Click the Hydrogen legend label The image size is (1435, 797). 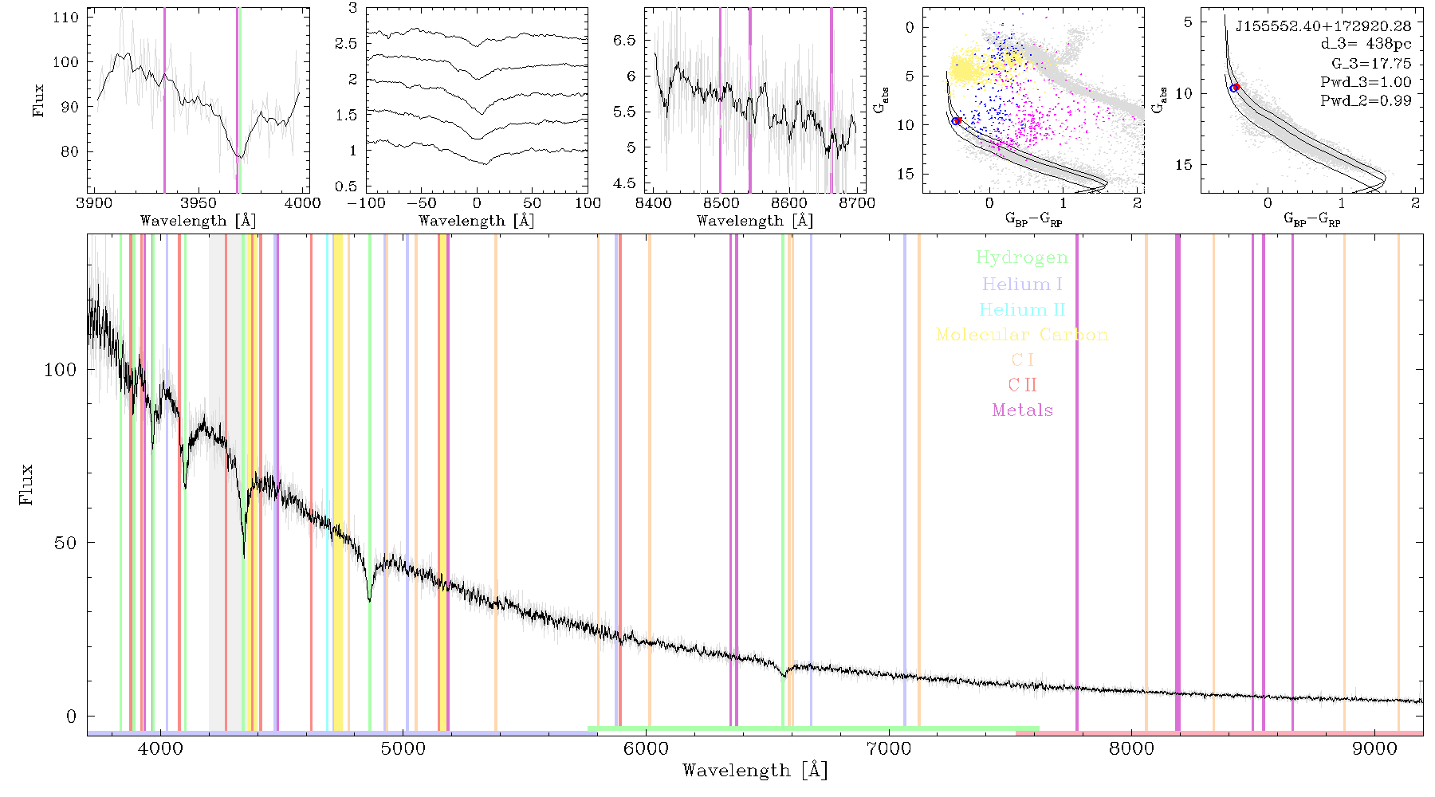pos(1022,257)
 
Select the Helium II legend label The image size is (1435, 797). pos(1022,309)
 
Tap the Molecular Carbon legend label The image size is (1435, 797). pos(1022,335)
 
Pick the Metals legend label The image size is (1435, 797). pos(1022,410)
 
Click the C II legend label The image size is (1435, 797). pos(1022,385)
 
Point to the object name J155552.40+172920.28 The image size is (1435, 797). pos(1323,26)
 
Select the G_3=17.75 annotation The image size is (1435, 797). pos(1371,63)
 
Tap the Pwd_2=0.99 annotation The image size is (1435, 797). pos(1366,100)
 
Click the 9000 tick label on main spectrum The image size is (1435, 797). pos(1374,748)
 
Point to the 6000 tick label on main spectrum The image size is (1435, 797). pos(646,748)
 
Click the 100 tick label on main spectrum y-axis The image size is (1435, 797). pos(61,370)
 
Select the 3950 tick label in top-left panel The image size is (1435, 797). pos(199,202)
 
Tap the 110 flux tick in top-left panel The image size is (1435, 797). pos(66,18)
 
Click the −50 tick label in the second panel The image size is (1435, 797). pos(421,202)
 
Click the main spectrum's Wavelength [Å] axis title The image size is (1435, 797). pos(755,771)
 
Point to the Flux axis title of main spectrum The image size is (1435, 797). pos(26,484)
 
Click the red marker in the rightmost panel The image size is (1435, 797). pos(1236,87)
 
